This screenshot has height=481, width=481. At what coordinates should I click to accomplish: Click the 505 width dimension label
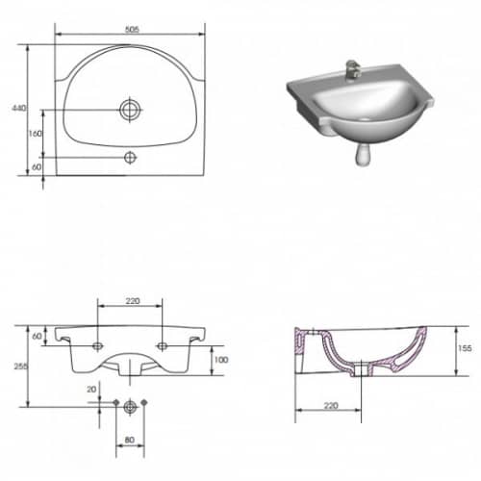(x=132, y=30)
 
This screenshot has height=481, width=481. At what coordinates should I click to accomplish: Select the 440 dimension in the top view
(x=19, y=108)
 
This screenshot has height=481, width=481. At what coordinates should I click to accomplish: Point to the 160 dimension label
(x=36, y=133)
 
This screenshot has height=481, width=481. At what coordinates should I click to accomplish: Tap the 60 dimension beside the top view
(x=37, y=167)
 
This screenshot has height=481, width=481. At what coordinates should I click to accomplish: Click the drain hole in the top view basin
(x=130, y=110)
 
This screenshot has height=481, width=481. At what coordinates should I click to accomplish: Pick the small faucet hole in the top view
(x=130, y=158)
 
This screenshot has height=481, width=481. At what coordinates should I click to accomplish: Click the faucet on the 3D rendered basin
(x=353, y=69)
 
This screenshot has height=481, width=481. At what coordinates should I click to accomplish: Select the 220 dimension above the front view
(x=133, y=301)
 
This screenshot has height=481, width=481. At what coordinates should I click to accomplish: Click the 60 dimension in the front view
(x=37, y=336)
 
